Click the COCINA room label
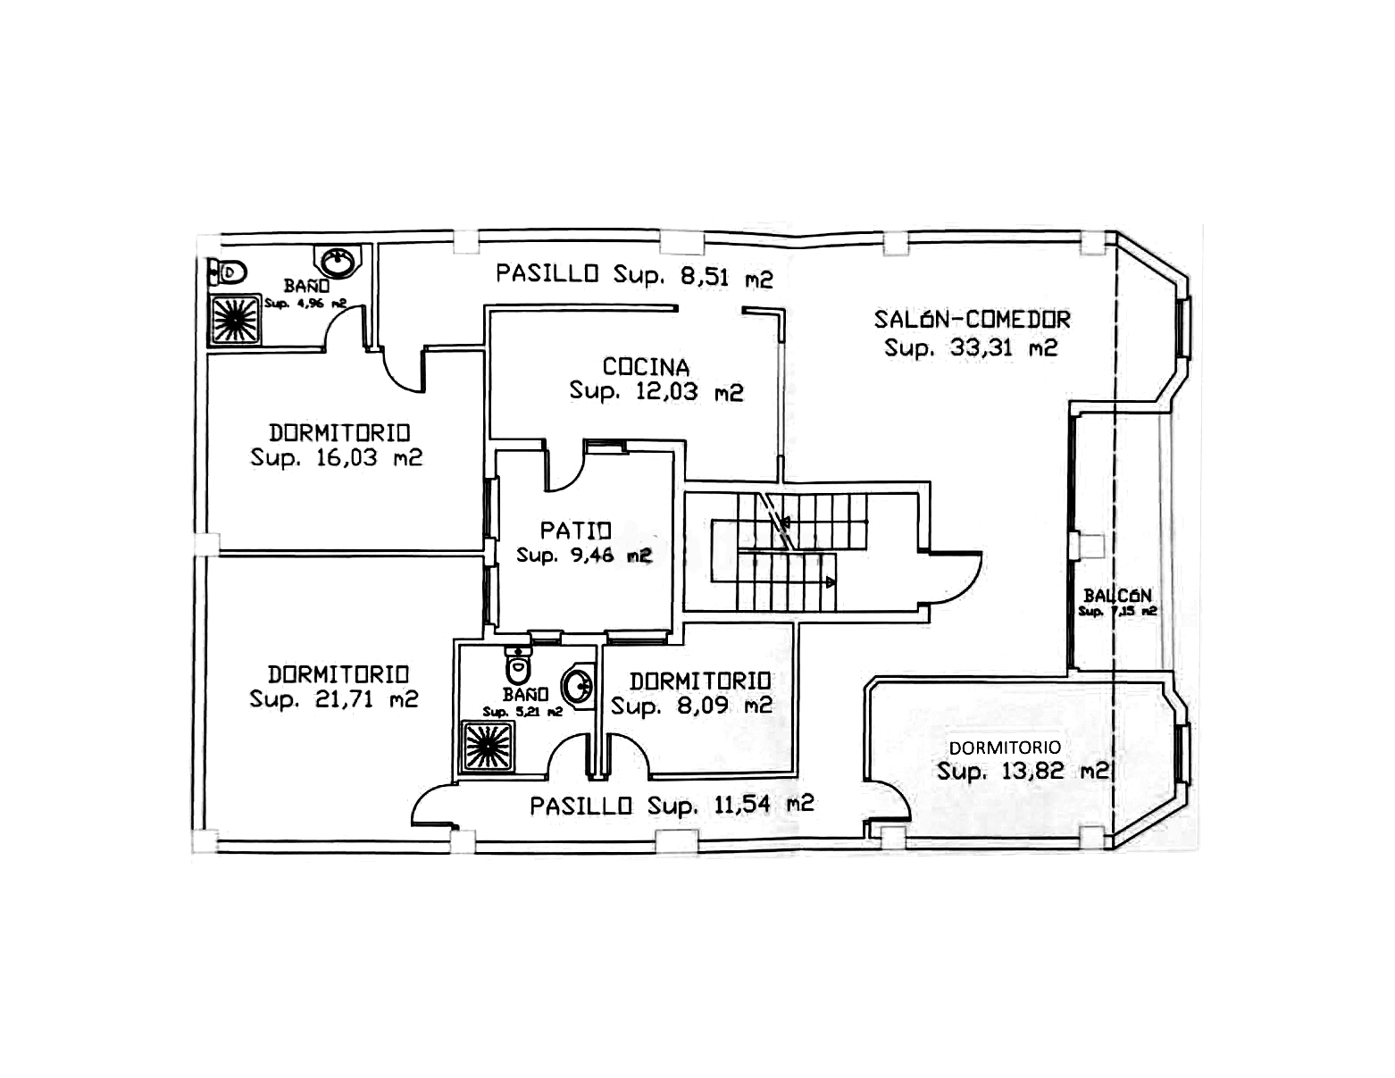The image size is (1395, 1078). [646, 367]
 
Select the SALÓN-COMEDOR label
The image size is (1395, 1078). [972, 319]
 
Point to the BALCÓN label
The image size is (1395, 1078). [1117, 595]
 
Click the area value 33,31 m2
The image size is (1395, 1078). [971, 347]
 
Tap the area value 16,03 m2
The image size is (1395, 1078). [336, 458]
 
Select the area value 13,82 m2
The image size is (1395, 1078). [1023, 771]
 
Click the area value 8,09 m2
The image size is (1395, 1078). [691, 706]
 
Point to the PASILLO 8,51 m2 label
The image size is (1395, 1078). [634, 275]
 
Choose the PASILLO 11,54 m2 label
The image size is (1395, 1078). [672, 806]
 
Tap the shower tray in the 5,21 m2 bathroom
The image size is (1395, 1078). [487, 747]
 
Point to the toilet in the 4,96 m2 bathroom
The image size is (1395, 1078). [230, 270]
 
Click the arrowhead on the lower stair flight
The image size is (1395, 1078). [831, 582]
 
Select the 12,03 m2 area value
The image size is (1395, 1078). [656, 391]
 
